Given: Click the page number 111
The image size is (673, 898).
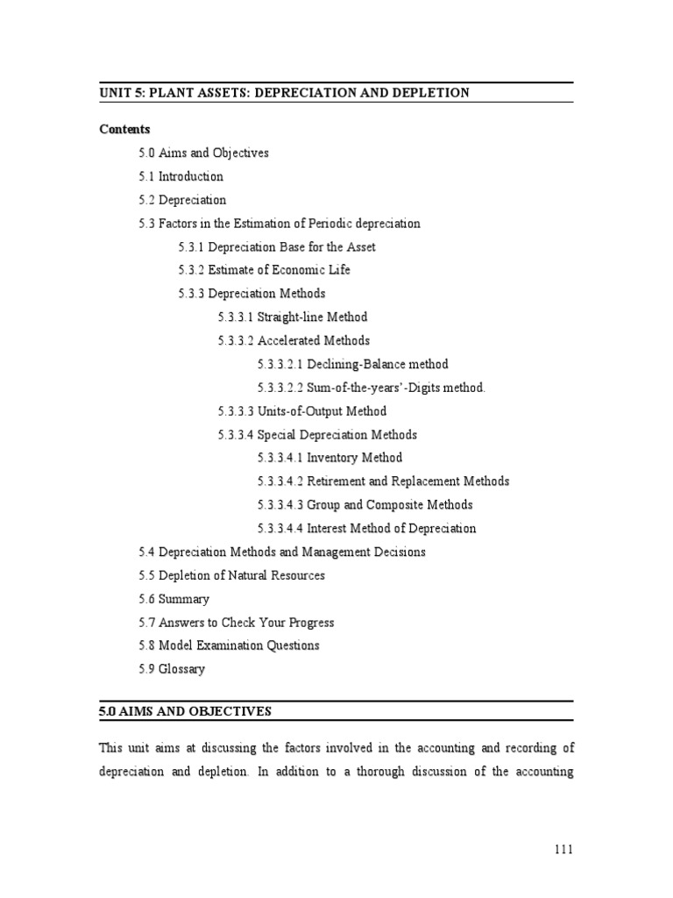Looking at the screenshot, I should coord(563,850).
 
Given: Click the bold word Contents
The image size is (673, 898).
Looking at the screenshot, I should coord(124,129).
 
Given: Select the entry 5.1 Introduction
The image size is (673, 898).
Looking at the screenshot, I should coord(181,176).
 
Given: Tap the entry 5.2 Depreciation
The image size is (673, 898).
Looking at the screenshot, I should coord(182,200).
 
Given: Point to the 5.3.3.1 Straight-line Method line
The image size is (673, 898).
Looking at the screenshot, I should coord(293,317).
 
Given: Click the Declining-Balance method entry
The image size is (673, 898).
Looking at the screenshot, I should coord(352,364).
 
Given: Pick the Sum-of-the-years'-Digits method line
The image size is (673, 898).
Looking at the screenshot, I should coord(371,388).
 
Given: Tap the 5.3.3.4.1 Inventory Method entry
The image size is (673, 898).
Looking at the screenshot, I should coord(329,458).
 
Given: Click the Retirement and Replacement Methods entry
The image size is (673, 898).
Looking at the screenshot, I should coord(383,481).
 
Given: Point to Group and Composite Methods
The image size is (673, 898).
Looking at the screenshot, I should coord(365,505).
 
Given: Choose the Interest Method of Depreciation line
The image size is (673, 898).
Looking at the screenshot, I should coord(366,529).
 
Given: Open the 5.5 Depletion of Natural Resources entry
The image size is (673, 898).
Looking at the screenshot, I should coord(231,575).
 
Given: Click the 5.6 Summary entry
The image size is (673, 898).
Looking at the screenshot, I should coord(174,599).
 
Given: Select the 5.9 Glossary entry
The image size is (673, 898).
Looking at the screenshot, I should coord(172,669).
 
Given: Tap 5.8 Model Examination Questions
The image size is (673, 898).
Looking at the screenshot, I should coord(229,645).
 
